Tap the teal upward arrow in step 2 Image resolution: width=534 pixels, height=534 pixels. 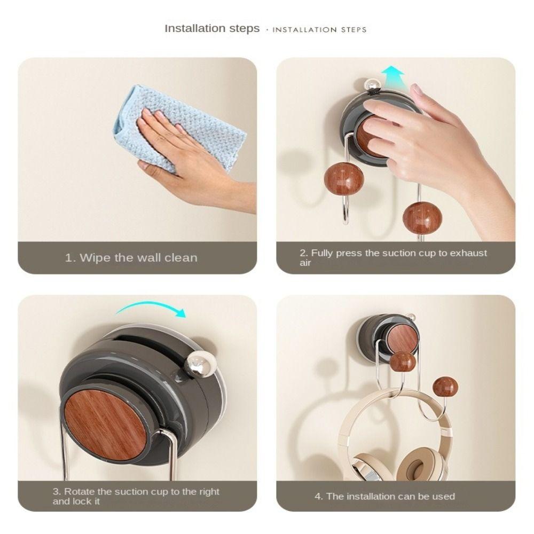pyautogui.click(x=393, y=75)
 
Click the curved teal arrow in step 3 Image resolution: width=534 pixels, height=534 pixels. pyautogui.click(x=152, y=307)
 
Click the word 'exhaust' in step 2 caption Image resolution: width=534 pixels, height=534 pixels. pyautogui.click(x=468, y=253)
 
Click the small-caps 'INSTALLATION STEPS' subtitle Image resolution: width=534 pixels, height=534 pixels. pyautogui.click(x=319, y=29)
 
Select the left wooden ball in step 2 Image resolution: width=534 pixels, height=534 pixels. pyautogui.click(x=343, y=178)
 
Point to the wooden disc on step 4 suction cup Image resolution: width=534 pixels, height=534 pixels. pyautogui.click(x=402, y=339)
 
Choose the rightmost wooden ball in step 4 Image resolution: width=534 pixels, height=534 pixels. pyautogui.click(x=445, y=386)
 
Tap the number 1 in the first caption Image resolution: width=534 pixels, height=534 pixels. pyautogui.click(x=68, y=258)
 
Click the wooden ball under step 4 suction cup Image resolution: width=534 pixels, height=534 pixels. pyautogui.click(x=402, y=362)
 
